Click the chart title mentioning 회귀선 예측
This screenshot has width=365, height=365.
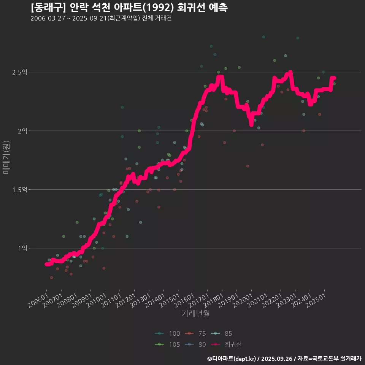click(x=129, y=8)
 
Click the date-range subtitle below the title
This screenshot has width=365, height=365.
click(x=101, y=19)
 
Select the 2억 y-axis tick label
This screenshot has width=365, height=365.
click(x=22, y=131)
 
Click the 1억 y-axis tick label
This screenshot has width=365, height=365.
click(x=22, y=248)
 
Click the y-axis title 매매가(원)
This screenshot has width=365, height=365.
click(x=6, y=157)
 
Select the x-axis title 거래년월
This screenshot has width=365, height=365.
click(x=196, y=313)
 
